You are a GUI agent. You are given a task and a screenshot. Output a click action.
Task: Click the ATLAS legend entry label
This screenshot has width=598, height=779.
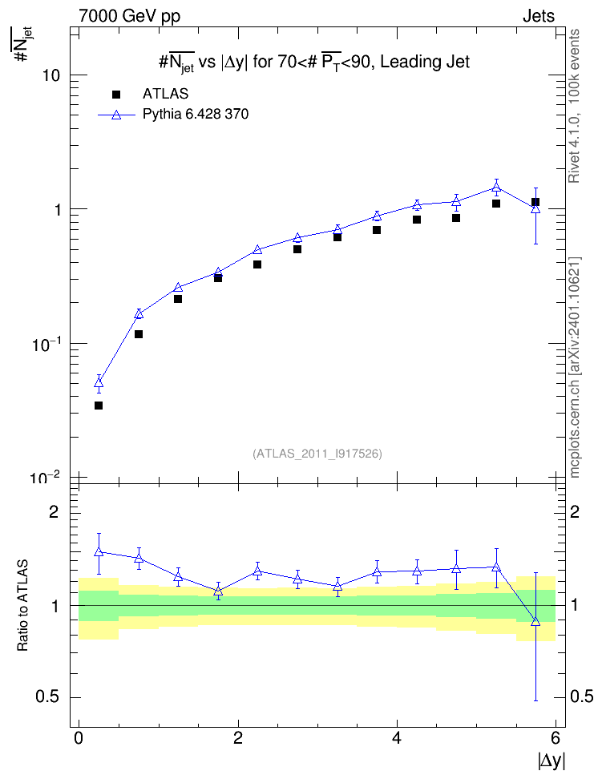click(x=165, y=94)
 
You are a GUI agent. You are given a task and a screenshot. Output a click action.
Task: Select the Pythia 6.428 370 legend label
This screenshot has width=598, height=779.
click(x=196, y=115)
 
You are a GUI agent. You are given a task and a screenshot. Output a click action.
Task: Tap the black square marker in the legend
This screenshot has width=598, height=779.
click(x=116, y=95)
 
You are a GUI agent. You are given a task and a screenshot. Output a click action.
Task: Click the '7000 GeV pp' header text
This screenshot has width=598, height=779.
click(x=129, y=16)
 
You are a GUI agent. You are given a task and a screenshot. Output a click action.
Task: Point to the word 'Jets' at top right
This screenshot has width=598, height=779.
click(x=539, y=16)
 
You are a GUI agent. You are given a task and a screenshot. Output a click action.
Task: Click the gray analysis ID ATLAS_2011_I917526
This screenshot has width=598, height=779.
click(x=317, y=454)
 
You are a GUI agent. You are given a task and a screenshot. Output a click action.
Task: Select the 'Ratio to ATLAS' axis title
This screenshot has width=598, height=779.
click(x=22, y=605)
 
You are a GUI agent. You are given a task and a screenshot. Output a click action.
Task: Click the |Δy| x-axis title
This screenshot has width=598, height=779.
click(x=552, y=761)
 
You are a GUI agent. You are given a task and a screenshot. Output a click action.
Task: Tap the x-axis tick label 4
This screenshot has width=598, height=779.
click(x=397, y=738)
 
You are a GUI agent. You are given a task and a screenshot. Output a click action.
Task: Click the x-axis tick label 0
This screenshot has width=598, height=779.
click(x=79, y=738)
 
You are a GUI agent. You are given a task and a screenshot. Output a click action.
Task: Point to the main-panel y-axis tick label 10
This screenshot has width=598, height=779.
click(x=51, y=75)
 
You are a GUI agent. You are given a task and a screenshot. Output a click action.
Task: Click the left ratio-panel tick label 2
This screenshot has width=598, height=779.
click(x=54, y=511)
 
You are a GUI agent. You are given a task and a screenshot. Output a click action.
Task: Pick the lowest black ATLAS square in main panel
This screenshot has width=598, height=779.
click(x=99, y=406)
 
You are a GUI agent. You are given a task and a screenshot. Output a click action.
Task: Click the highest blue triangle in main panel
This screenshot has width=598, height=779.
click(x=496, y=188)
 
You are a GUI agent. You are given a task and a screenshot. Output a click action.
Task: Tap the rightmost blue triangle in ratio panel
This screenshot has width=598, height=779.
click(x=535, y=622)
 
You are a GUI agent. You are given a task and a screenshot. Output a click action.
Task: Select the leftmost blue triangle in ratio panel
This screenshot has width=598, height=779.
click(x=99, y=552)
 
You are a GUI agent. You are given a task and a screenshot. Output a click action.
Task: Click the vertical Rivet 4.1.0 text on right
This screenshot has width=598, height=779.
click(x=574, y=106)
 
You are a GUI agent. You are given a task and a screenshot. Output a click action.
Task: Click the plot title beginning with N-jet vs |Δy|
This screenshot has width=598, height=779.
click(x=314, y=62)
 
